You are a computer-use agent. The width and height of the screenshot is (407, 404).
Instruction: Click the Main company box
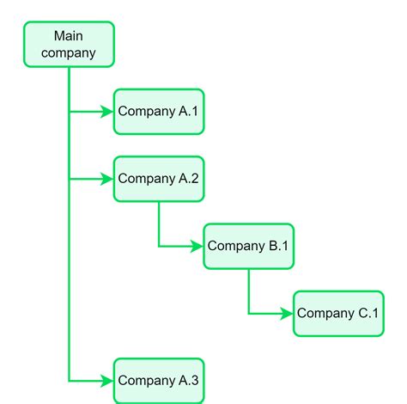pos(69,44)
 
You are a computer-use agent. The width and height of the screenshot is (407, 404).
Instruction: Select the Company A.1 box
pos(159,112)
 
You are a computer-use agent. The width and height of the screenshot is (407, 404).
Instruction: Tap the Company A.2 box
pos(159,179)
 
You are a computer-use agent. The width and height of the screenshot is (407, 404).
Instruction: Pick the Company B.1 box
pos(248,247)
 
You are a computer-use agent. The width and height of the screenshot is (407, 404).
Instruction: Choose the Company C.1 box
pos(338,314)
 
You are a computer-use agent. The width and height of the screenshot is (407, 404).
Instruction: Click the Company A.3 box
pos(159,381)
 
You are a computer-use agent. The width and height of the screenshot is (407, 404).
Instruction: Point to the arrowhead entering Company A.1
pos(107,112)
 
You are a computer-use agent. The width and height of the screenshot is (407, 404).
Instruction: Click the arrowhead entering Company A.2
pos(107,179)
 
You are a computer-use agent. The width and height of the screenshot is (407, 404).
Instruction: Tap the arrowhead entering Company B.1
pos(197,247)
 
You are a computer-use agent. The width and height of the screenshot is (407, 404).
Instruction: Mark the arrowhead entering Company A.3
pos(107,380)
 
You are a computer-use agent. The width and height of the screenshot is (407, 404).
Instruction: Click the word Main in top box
pos(69,35)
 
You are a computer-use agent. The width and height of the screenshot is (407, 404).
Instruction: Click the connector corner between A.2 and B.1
pos(159,247)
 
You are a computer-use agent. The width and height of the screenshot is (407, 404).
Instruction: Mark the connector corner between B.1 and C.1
pos(249,314)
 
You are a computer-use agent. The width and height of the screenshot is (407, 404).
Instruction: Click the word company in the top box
pos(69,52)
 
